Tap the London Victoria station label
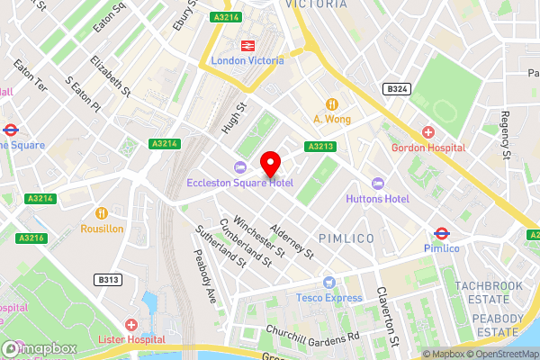[x=247, y=60]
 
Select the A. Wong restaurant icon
[x=332, y=103]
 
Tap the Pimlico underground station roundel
[x=441, y=232]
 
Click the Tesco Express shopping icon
[x=329, y=283]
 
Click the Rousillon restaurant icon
[x=102, y=213]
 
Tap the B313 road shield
[x=109, y=280]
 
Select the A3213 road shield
[x=320, y=146]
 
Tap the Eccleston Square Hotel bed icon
[x=239, y=167]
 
